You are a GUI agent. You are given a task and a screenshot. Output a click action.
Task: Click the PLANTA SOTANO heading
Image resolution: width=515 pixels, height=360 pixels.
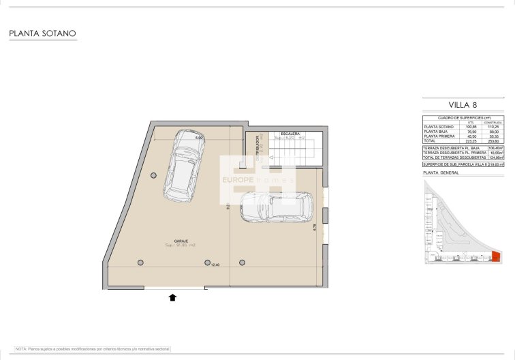[42, 33]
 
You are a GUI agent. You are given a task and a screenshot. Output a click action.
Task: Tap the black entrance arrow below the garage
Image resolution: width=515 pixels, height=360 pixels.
[172, 297]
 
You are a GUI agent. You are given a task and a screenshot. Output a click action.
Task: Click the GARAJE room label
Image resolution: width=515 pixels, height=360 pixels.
[181, 240]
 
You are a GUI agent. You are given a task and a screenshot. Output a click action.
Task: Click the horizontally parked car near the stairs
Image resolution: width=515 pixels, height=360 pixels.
[277, 206]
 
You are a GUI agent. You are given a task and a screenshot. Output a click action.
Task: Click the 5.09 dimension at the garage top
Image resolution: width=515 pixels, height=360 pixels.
[200, 138]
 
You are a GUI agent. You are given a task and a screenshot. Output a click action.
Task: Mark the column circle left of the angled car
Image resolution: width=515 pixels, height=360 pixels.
[154, 176]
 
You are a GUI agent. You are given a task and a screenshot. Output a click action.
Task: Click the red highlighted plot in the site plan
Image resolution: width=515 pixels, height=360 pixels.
[496, 256]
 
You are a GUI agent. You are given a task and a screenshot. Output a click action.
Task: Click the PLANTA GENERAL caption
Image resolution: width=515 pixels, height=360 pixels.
[441, 172]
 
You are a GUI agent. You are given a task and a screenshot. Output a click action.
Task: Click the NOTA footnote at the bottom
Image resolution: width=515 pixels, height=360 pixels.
[93, 348]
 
